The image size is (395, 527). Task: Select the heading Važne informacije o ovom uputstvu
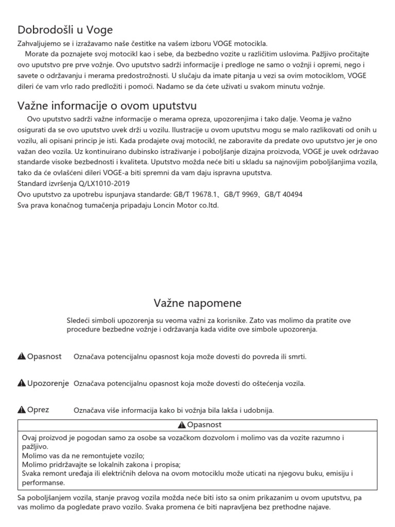pyautogui.click(x=107, y=106)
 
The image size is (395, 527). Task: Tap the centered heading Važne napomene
pyautogui.click(x=197, y=302)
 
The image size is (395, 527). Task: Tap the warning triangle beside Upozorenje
pyautogui.click(x=22, y=383)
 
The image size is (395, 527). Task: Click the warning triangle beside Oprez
pyautogui.click(x=22, y=410)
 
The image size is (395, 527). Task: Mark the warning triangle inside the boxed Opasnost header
pyautogui.click(x=182, y=425)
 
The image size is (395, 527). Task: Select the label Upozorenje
pyautogui.click(x=48, y=383)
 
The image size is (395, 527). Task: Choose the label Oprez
pyautogui.click(x=39, y=410)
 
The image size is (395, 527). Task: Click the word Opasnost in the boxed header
pyautogui.click(x=204, y=425)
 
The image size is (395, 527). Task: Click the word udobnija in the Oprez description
pyautogui.click(x=259, y=410)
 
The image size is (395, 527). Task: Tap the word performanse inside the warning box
pyautogui.click(x=44, y=483)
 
